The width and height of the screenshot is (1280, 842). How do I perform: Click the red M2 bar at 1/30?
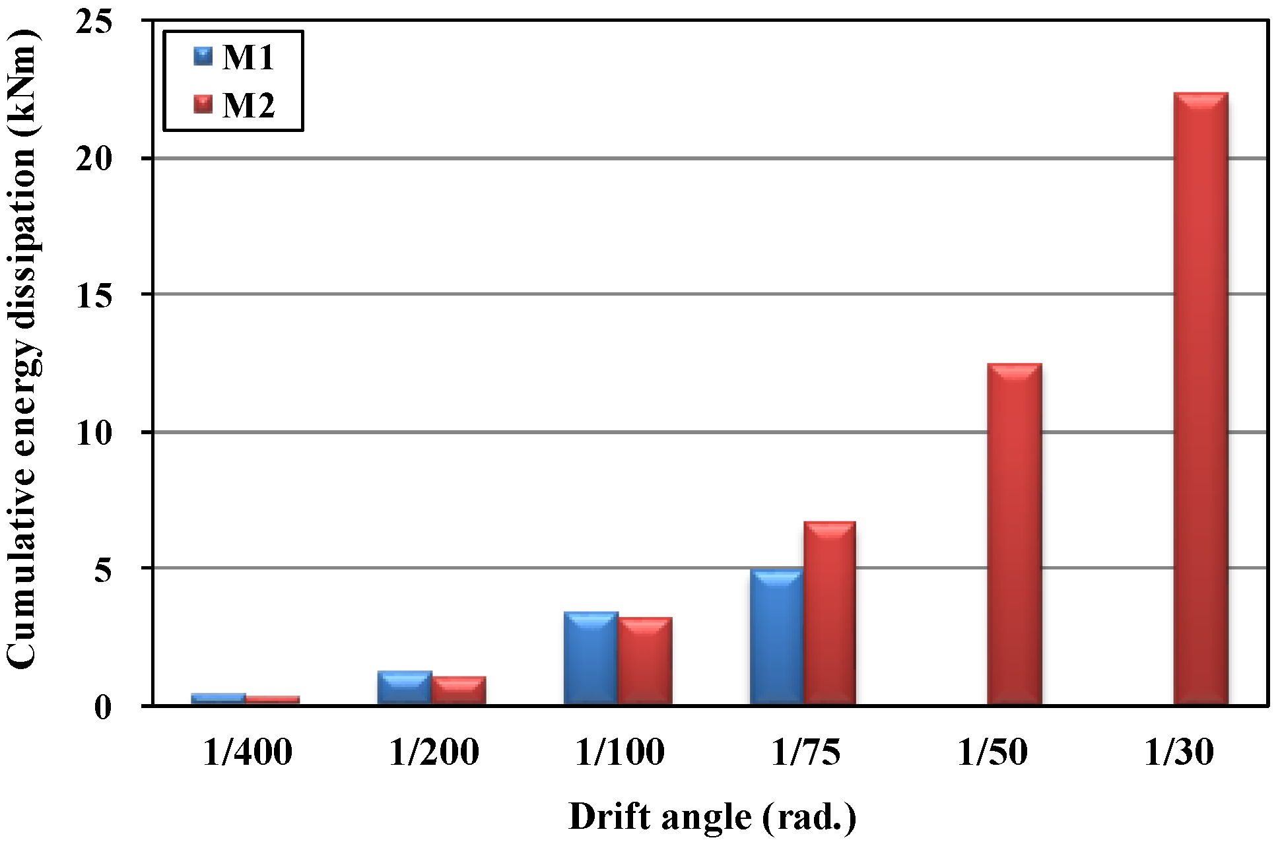coord(1201,399)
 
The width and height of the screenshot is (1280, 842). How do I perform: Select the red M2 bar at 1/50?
coord(1015,534)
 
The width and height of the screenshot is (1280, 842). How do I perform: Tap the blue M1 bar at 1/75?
coord(776,637)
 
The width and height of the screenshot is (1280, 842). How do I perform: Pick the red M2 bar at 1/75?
coord(830,614)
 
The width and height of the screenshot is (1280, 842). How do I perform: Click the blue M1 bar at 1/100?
coord(591,659)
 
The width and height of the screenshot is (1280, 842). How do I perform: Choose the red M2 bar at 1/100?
coord(645,661)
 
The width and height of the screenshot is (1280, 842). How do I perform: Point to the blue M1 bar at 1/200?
coord(405,688)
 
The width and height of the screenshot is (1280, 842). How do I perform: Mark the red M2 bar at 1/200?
coord(459,691)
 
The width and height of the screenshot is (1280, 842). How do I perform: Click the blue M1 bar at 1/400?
coord(219,699)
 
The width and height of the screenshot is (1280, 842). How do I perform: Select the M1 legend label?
coord(248,57)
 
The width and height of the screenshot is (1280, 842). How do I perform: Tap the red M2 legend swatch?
coord(203,104)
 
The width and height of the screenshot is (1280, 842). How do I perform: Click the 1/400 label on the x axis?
coord(248,752)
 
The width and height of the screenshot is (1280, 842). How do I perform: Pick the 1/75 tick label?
coord(806,752)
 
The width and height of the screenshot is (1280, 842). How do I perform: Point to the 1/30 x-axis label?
coord(1178,752)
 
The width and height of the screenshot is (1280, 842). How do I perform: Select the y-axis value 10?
coord(94,433)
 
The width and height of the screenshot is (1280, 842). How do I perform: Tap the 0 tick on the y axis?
coord(103,707)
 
